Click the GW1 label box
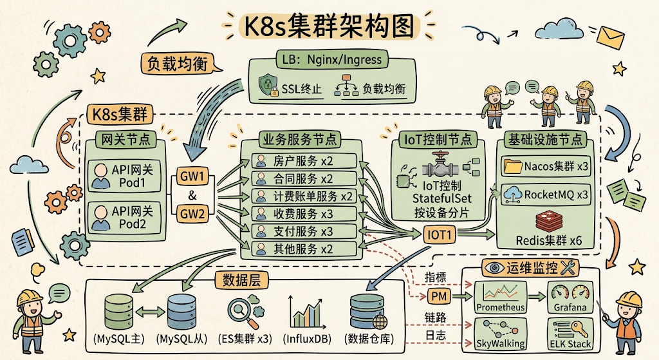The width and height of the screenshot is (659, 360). click(192, 176)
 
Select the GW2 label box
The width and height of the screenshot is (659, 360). click(192, 214)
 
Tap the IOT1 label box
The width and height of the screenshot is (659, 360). click(440, 235)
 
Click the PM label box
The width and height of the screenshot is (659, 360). click(439, 296)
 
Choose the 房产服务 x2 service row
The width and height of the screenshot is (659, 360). click(304, 161)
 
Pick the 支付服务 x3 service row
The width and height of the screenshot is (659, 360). click(304, 231)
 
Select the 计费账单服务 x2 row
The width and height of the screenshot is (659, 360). click(304, 196)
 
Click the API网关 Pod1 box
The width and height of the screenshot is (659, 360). click(124, 176)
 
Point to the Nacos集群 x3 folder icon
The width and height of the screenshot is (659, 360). click(513, 167)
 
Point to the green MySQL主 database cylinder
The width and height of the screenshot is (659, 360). click(118, 312)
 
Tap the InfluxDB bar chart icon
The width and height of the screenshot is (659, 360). click(308, 314)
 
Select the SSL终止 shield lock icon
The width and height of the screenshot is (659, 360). click(268, 86)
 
